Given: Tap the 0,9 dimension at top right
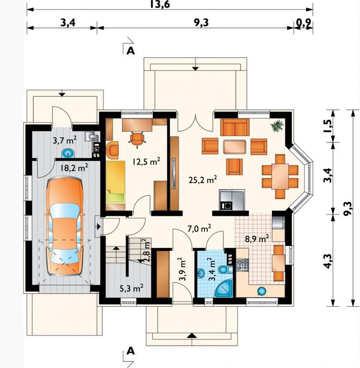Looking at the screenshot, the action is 304,23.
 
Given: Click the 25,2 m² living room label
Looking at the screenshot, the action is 202,179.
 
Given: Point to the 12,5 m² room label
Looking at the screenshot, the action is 146,161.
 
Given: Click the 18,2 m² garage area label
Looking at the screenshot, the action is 74,168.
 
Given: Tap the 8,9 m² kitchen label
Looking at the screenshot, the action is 257,239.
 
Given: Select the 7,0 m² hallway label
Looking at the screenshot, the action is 199,228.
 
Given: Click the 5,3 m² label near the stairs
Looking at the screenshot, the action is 132,288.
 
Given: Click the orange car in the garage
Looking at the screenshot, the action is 65,226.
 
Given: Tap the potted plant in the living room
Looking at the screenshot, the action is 277,126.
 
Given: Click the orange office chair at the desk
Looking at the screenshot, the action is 137,140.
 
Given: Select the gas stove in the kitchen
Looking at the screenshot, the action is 242,265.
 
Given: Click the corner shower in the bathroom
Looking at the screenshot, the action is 224,289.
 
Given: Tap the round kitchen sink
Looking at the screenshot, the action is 261,291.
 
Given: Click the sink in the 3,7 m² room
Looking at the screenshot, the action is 68,154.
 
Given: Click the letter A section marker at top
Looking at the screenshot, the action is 131,50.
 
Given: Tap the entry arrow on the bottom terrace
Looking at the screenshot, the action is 192,335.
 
